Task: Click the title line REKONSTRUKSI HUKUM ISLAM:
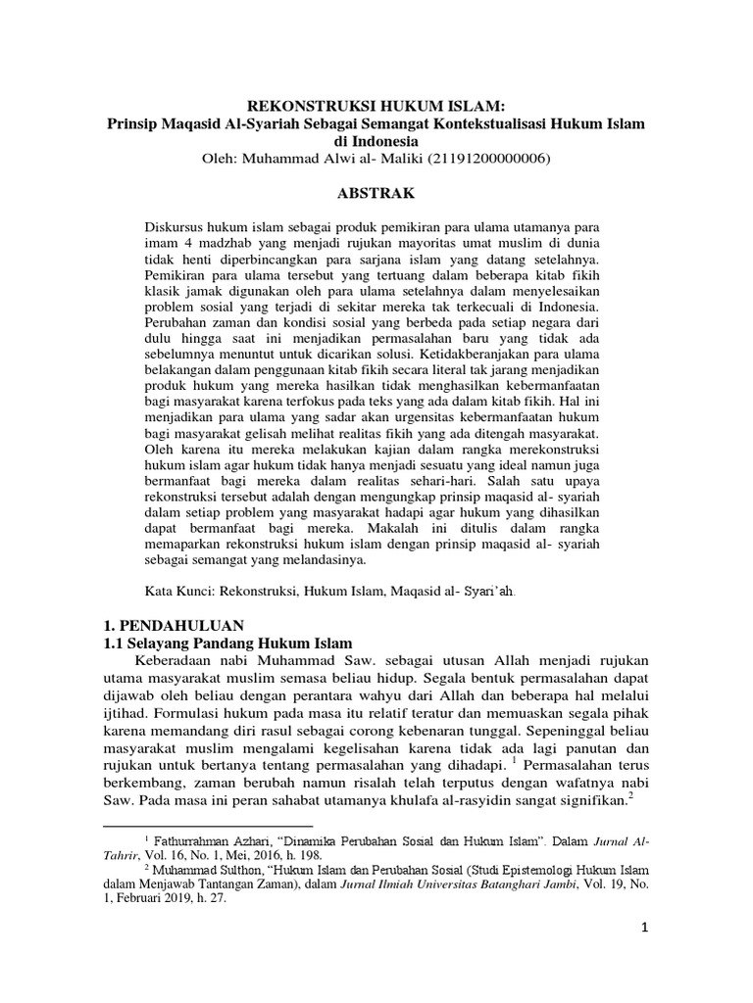tap(376, 107)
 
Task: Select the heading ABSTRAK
tap(376, 193)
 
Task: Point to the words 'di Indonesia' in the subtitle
tap(376, 142)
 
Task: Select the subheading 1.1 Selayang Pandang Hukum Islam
tap(227, 644)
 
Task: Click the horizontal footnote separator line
tap(207, 826)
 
